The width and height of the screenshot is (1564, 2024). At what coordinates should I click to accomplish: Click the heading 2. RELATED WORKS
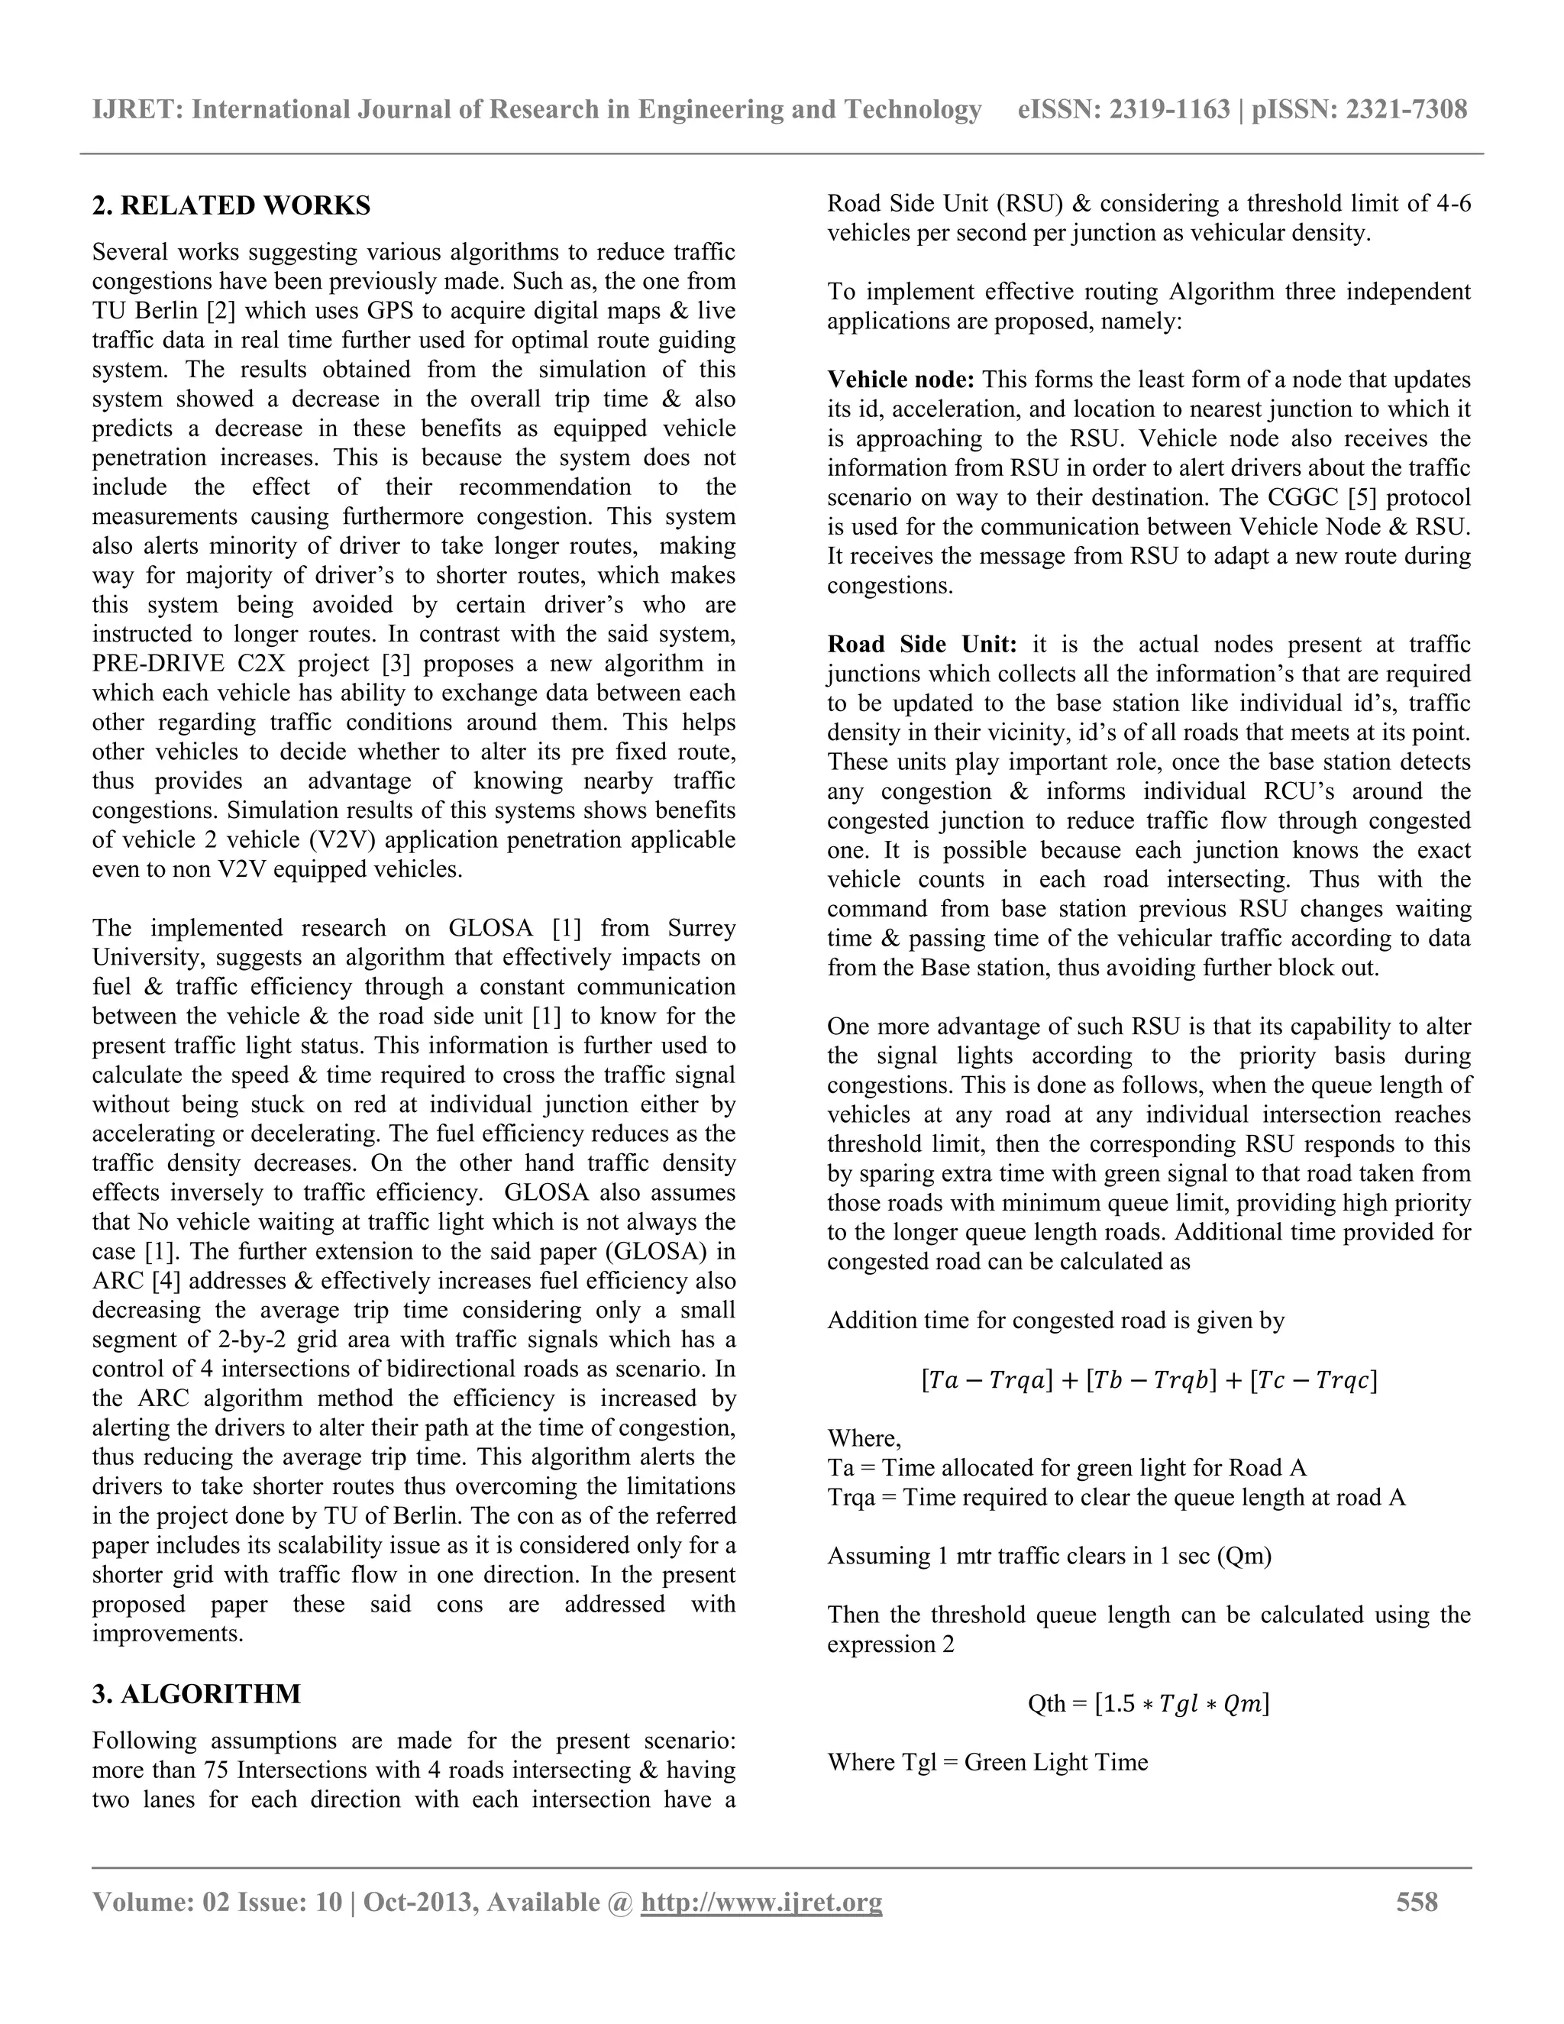tap(231, 205)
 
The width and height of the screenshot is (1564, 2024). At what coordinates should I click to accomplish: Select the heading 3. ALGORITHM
tap(196, 1694)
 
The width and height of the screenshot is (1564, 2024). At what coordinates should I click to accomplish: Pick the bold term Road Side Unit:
tap(922, 644)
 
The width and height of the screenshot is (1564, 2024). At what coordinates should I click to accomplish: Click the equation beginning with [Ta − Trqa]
tap(1149, 1381)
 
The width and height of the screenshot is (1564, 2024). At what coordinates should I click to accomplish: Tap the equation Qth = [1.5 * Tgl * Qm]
tap(1149, 1703)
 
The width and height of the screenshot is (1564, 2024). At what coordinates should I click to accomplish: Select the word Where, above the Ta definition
tap(864, 1438)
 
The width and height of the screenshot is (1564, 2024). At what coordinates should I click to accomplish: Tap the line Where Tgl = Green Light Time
tap(987, 1762)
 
